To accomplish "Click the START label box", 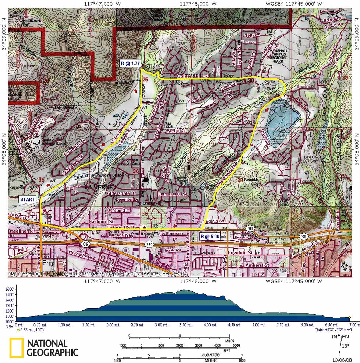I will point(28,199).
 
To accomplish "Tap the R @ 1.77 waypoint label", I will point(130,63).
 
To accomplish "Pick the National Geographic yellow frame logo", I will point(16,348).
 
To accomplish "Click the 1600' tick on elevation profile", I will point(10,289).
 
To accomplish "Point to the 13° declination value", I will point(346,346).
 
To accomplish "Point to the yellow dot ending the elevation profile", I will point(349,317).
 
